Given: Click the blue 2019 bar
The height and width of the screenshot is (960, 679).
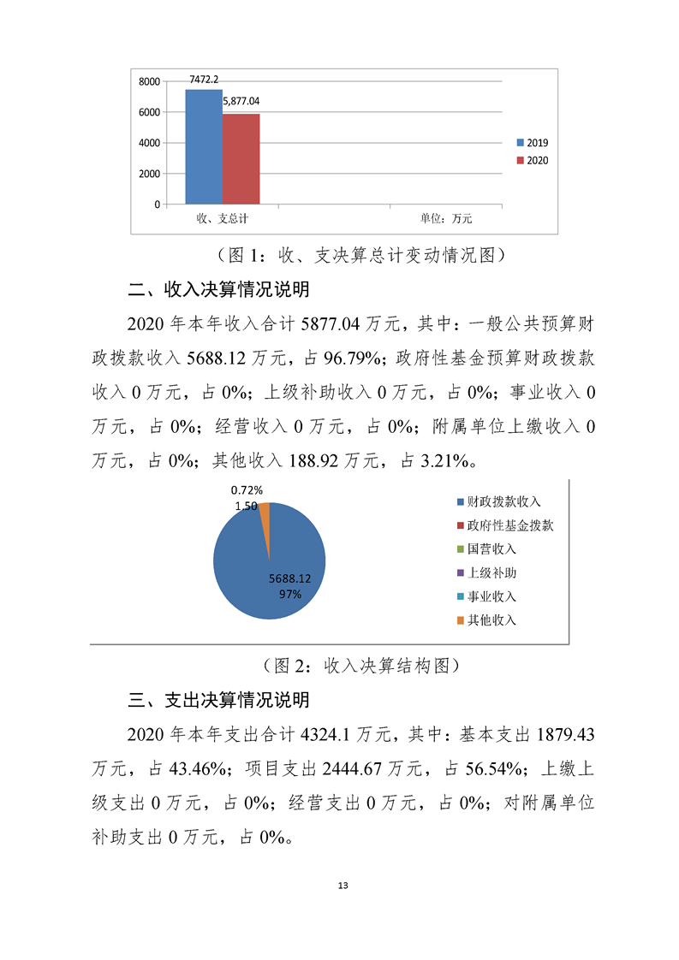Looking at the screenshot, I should click(204, 146).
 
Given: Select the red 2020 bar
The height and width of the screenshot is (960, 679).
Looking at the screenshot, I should click(241, 158).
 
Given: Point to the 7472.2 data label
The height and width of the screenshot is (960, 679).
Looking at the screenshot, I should click(204, 79).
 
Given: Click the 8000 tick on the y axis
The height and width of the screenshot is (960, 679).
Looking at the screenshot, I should click(149, 81).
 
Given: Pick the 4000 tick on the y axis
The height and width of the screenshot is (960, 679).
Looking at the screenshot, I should click(149, 143).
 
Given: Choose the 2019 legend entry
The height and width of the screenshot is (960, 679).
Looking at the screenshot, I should click(532, 142).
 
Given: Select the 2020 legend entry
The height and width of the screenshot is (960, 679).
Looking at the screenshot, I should click(532, 160).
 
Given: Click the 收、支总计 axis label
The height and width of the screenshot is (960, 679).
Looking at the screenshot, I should click(222, 219).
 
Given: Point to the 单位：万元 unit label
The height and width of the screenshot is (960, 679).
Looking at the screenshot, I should click(445, 219).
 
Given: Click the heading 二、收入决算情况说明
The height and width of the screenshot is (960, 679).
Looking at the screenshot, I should click(218, 289).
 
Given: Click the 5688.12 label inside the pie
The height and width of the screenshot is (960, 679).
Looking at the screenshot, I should click(289, 578).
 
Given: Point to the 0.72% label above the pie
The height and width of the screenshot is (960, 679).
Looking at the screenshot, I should click(247, 490).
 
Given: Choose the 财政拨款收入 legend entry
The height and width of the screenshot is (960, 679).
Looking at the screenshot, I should click(498, 501).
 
